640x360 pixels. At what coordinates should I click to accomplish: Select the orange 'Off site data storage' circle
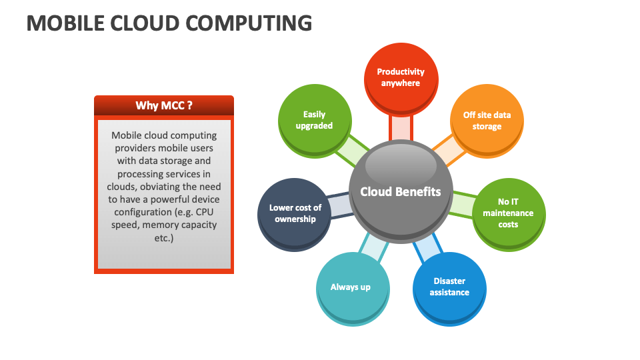(487, 121)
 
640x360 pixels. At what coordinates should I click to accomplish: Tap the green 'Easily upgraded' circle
(315, 121)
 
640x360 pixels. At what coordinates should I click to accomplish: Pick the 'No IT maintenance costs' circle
(509, 214)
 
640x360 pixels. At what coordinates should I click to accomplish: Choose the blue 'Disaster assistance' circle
(449, 289)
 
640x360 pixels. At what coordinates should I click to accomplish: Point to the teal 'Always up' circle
(353, 289)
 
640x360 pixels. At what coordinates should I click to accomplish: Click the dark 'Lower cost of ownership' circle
(294, 214)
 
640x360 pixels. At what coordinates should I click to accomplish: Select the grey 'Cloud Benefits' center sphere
(401, 192)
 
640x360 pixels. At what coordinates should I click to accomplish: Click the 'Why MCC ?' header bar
(164, 106)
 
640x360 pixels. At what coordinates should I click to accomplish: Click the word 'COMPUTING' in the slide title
(249, 23)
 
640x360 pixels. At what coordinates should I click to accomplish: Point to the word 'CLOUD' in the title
(145, 23)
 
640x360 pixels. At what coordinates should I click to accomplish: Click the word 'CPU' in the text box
(205, 212)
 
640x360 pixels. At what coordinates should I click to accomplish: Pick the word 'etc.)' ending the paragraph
(164, 237)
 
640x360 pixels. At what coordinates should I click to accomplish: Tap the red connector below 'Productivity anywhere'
(401, 128)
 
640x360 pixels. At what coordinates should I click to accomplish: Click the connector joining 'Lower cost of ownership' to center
(339, 206)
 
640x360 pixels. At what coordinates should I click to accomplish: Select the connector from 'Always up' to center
(374, 247)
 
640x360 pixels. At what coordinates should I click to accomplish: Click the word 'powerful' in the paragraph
(168, 199)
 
